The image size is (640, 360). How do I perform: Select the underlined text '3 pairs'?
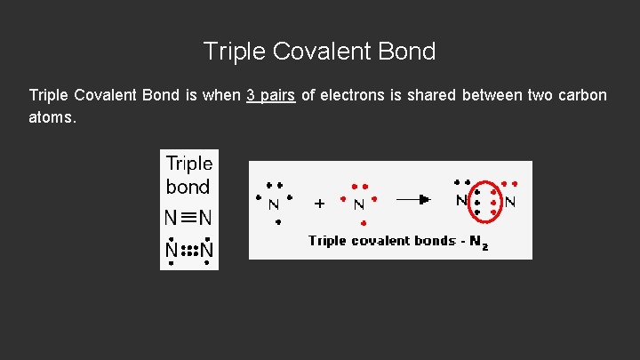point(270,95)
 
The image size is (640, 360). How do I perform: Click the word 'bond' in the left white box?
point(188,187)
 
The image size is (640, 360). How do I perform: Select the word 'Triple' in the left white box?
point(189,164)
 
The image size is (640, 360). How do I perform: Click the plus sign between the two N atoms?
point(320,203)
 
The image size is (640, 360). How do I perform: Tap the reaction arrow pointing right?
point(414,201)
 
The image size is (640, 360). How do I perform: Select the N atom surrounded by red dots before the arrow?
point(359,204)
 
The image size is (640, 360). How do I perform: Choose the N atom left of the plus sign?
point(273,204)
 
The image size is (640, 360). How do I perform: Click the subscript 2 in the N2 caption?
point(484,244)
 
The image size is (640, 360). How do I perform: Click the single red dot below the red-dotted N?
point(363,222)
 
